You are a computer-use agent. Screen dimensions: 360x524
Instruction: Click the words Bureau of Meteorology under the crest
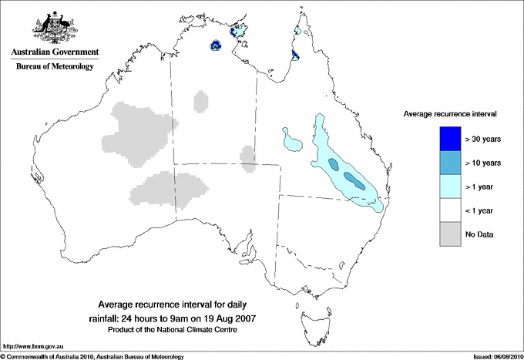(x=54, y=67)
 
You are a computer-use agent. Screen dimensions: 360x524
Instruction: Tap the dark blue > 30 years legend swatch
(x=451, y=139)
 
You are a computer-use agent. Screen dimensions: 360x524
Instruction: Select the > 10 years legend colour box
(x=451, y=163)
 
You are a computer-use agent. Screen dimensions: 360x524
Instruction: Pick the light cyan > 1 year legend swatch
(x=451, y=187)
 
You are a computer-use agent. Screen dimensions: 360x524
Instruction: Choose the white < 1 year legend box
(x=451, y=210)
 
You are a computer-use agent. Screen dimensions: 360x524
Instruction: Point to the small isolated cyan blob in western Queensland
(x=291, y=140)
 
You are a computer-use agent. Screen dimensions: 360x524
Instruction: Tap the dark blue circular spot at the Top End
(x=217, y=45)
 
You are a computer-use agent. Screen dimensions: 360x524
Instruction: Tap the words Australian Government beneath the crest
(x=54, y=52)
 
